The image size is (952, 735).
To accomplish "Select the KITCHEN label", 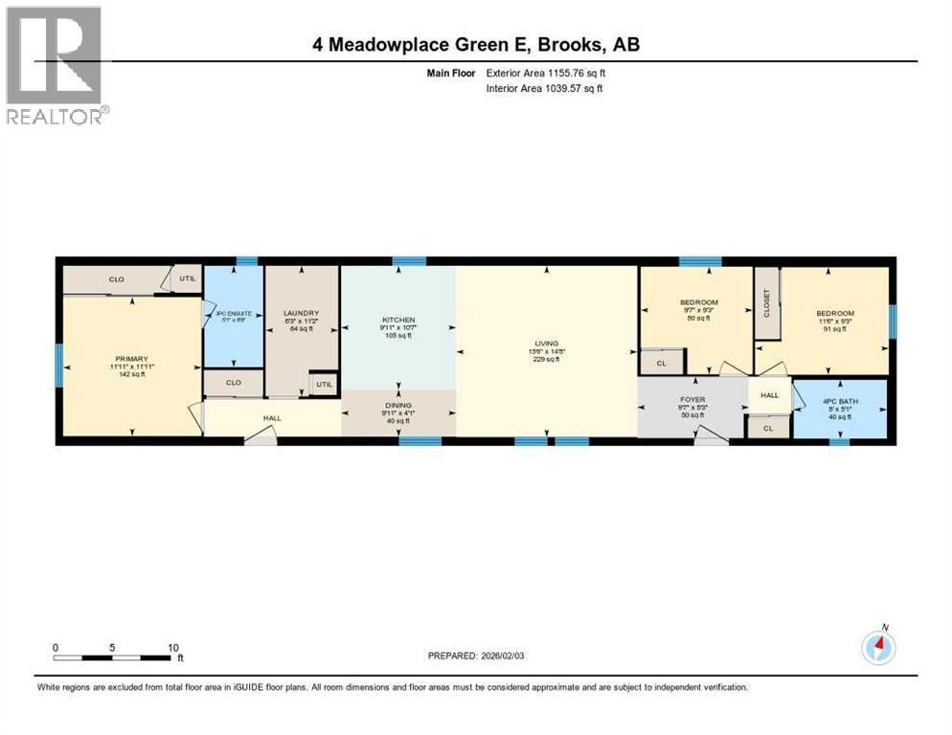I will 398,319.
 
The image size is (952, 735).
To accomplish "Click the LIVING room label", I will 547,343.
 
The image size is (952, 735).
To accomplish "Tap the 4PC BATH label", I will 829,401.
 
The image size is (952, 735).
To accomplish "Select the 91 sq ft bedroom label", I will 835,314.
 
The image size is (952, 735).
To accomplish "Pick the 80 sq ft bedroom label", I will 701,302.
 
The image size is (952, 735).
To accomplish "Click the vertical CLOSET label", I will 767,302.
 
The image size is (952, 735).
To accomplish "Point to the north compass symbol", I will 878,648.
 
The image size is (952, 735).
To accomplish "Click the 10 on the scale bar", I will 173,647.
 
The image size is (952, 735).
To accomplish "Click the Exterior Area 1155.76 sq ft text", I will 545,73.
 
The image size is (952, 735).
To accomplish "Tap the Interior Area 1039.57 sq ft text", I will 544,88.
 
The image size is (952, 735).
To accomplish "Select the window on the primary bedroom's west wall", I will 58,364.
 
